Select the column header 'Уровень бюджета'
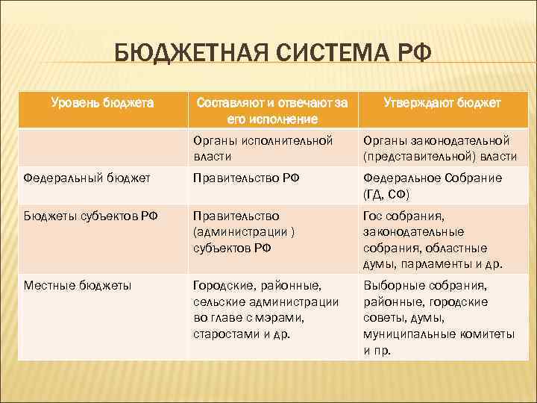click(102, 103)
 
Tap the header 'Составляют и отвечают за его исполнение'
click(271, 110)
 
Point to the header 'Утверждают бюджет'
click(442, 103)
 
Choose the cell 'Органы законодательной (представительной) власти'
click(439, 149)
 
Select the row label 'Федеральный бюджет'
click(87, 178)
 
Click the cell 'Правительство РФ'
click(236, 178)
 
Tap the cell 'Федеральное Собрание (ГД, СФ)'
click(432, 185)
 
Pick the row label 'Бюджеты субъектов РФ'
click(91, 216)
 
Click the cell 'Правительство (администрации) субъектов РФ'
click(243, 232)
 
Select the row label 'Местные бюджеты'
click(78, 285)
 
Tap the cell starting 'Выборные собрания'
click(439, 317)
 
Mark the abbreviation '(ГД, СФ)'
click(389, 193)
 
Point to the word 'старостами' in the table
click(224, 334)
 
